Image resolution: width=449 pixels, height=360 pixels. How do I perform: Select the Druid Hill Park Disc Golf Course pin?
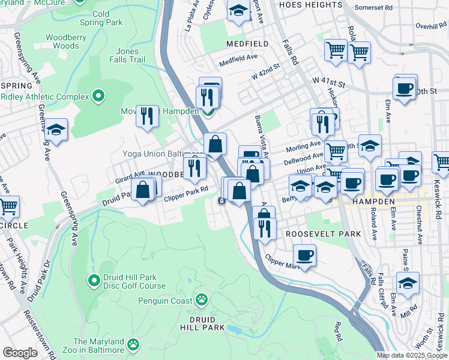(94, 280)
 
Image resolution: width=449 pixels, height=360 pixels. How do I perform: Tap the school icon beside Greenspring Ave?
(56, 130)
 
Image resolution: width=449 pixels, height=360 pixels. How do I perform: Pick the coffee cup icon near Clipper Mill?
(305, 256)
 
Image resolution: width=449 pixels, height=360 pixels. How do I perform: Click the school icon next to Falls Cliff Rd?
(408, 284)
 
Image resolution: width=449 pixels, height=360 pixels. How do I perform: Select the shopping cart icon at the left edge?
(8, 207)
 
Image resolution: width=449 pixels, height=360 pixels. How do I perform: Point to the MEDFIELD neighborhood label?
(248, 44)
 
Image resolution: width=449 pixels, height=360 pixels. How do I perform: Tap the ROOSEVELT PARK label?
(323, 233)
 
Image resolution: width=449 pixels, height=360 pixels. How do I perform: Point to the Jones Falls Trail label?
(127, 55)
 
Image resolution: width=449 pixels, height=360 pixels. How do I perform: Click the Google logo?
(20, 353)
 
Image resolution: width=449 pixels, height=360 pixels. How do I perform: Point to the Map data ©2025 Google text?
(412, 355)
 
